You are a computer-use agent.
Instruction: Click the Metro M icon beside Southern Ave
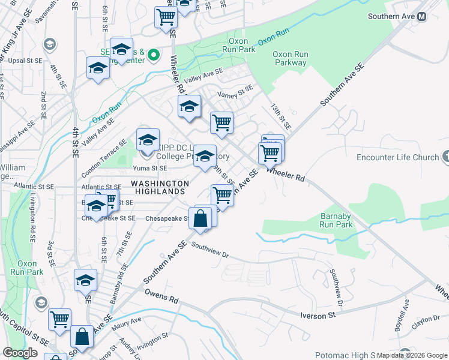point(421,17)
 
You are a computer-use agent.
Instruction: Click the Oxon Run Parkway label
point(291,58)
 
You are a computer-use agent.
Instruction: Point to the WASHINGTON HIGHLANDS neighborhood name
point(160,187)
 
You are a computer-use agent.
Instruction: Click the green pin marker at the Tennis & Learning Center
point(154,56)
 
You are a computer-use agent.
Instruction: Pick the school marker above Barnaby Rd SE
point(85,281)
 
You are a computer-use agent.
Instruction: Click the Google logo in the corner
point(20,353)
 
